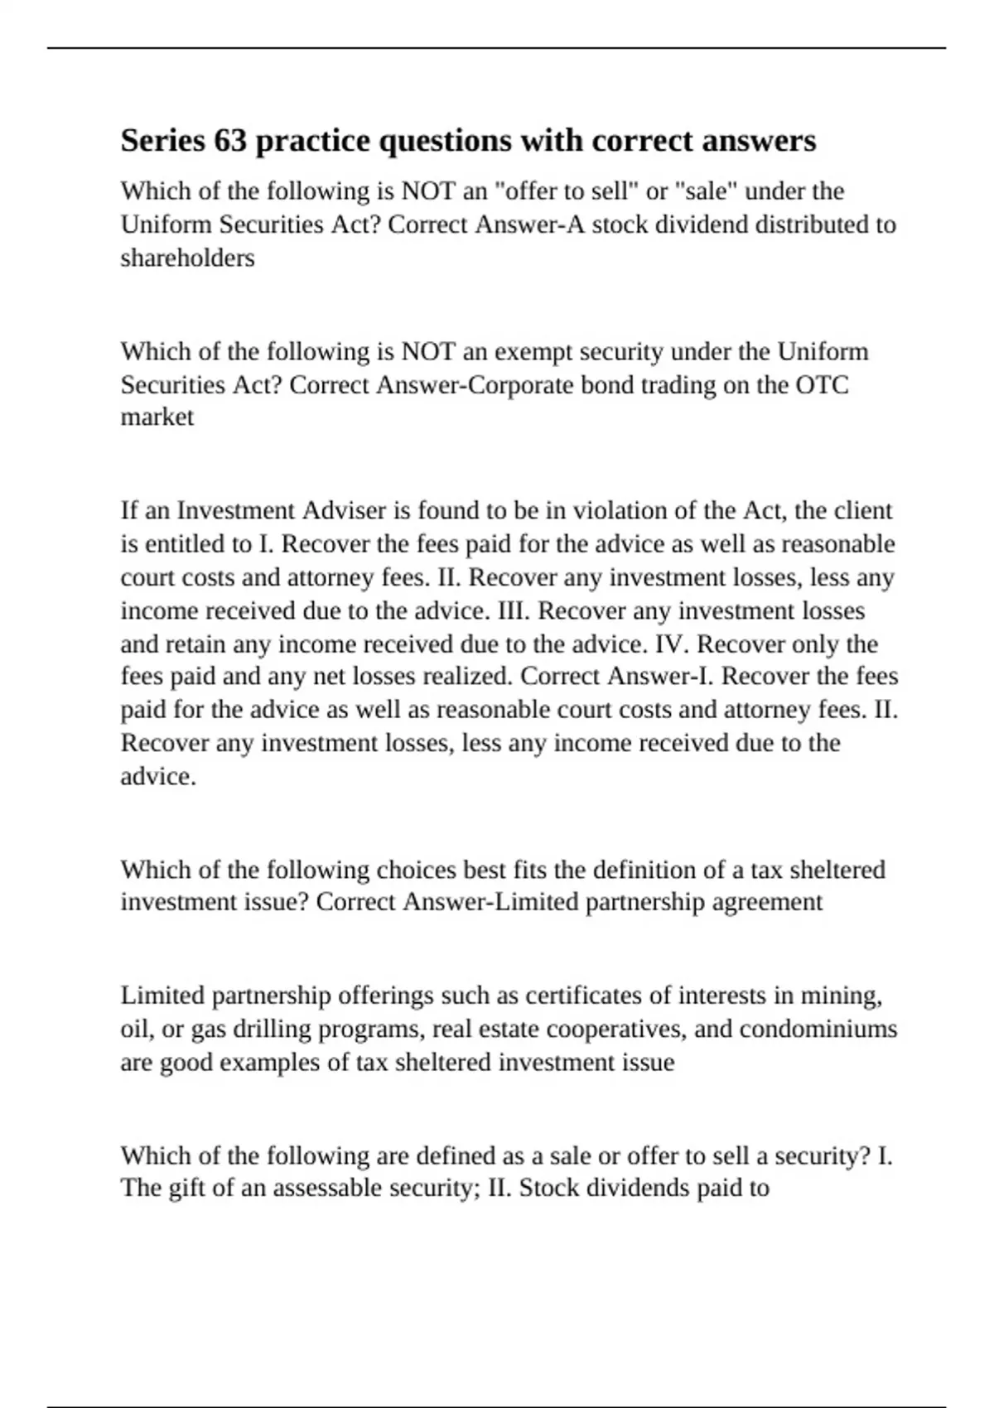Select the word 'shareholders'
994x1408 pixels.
[x=187, y=258]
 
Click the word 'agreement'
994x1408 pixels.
[x=768, y=901]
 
